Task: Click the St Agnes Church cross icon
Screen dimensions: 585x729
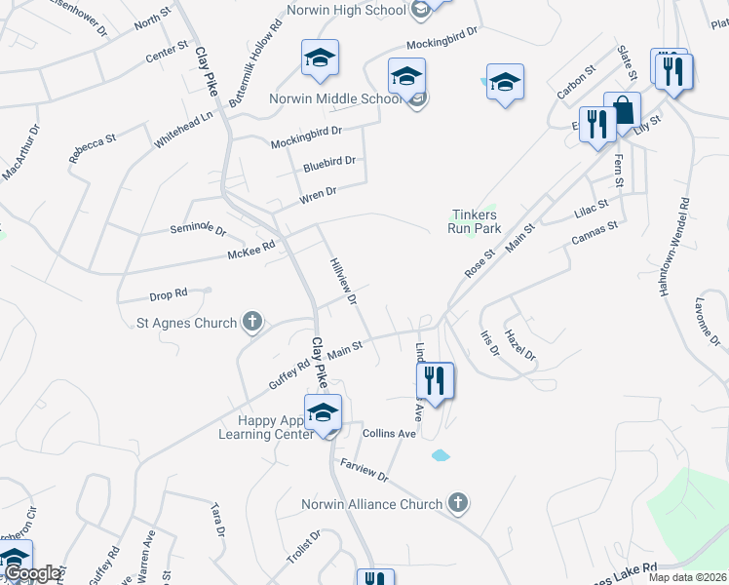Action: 252,323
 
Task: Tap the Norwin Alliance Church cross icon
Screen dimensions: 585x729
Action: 458,503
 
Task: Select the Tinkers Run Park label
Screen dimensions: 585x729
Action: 474,221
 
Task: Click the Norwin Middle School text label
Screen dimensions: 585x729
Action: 335,98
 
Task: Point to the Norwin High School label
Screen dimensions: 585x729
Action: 346,11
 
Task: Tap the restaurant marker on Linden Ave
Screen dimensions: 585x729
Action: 435,380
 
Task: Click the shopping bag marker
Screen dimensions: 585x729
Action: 622,110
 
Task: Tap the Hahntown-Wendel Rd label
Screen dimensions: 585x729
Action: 684,242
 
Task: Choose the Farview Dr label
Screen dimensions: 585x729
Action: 364,472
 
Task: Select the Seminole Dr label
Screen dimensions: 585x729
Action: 198,230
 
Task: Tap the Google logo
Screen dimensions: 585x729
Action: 32,573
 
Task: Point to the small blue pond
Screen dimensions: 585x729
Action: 440,455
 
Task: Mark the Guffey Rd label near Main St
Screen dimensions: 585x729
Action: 288,374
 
